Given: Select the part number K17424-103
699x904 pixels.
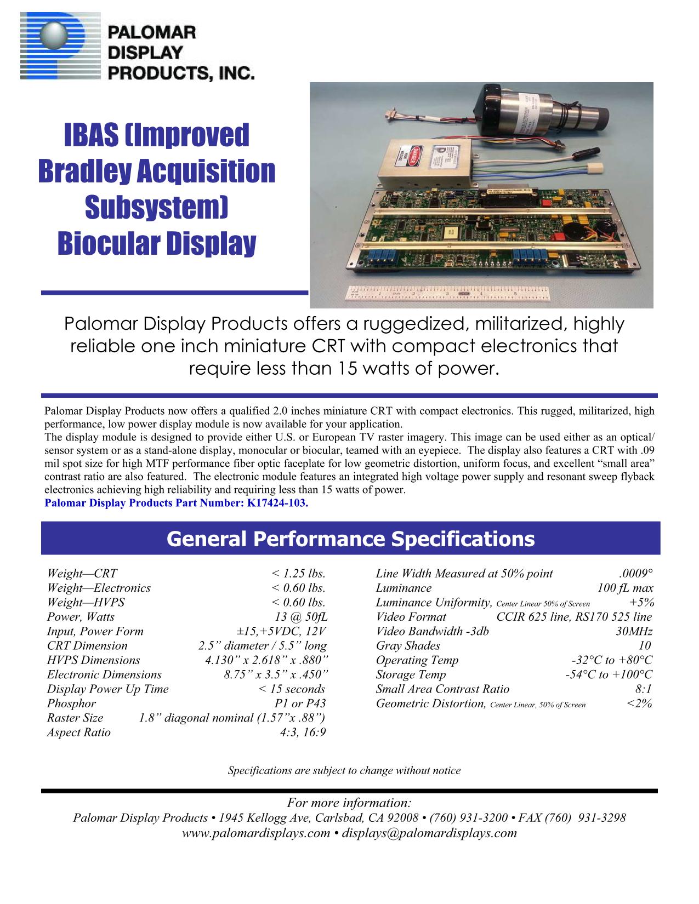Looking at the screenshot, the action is coord(277,503).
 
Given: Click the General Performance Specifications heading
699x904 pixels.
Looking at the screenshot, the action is coord(350,539).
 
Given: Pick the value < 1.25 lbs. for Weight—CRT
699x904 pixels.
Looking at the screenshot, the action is coord(298,573).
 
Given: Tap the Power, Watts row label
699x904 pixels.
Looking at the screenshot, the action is coord(81,617).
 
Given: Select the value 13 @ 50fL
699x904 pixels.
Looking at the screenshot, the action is coord(301,617).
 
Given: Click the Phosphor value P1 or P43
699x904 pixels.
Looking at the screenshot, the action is coord(300,703).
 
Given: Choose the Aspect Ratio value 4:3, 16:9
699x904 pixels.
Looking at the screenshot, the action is coord(303,732).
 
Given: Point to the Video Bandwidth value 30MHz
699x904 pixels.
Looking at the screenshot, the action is coord(634,631).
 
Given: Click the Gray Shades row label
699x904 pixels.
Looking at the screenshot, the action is coord(408,645).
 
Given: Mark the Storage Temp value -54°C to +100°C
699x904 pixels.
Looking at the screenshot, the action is coord(609,674).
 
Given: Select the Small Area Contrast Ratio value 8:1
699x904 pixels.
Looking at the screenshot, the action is coord(643,689).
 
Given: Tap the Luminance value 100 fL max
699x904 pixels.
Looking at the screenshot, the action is coord(625,588).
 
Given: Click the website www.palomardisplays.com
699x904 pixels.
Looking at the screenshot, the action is coord(255,833).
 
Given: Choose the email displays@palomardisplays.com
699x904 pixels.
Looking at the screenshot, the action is coord(429,833).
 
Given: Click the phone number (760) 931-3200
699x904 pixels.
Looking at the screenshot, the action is coord(468,817).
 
